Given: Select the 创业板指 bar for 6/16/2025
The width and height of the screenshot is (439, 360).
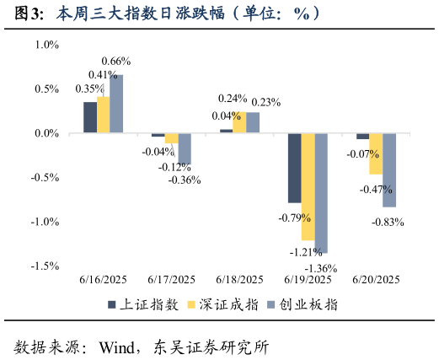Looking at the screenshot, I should [x=116, y=104].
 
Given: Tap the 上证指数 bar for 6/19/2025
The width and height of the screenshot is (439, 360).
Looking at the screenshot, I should [x=294, y=168].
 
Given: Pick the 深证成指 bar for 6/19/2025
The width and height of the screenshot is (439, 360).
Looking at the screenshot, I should [x=308, y=186].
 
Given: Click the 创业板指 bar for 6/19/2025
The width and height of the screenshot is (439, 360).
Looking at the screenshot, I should [x=321, y=193].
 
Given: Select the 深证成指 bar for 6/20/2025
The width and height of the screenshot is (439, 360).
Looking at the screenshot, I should [x=376, y=153].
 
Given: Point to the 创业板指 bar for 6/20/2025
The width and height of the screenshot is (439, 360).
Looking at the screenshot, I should [x=389, y=169].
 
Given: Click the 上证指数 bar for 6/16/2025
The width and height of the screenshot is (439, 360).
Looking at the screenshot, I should [x=89, y=117].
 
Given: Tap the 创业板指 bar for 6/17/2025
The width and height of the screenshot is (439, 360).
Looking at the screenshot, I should [x=185, y=148].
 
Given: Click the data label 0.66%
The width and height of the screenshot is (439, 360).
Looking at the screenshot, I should [x=115, y=62].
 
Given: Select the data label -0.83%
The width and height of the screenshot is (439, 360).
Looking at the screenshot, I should [x=388, y=223].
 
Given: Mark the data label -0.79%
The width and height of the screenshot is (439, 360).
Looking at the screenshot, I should [x=295, y=218].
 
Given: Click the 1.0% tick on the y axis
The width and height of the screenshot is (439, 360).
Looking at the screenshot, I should [x=45, y=45].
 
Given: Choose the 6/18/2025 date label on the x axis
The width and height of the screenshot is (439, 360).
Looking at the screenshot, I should [x=239, y=280].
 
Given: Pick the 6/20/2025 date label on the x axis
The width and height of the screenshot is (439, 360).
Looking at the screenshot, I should [x=376, y=280].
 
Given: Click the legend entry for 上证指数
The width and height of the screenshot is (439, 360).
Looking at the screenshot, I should [x=142, y=305].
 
